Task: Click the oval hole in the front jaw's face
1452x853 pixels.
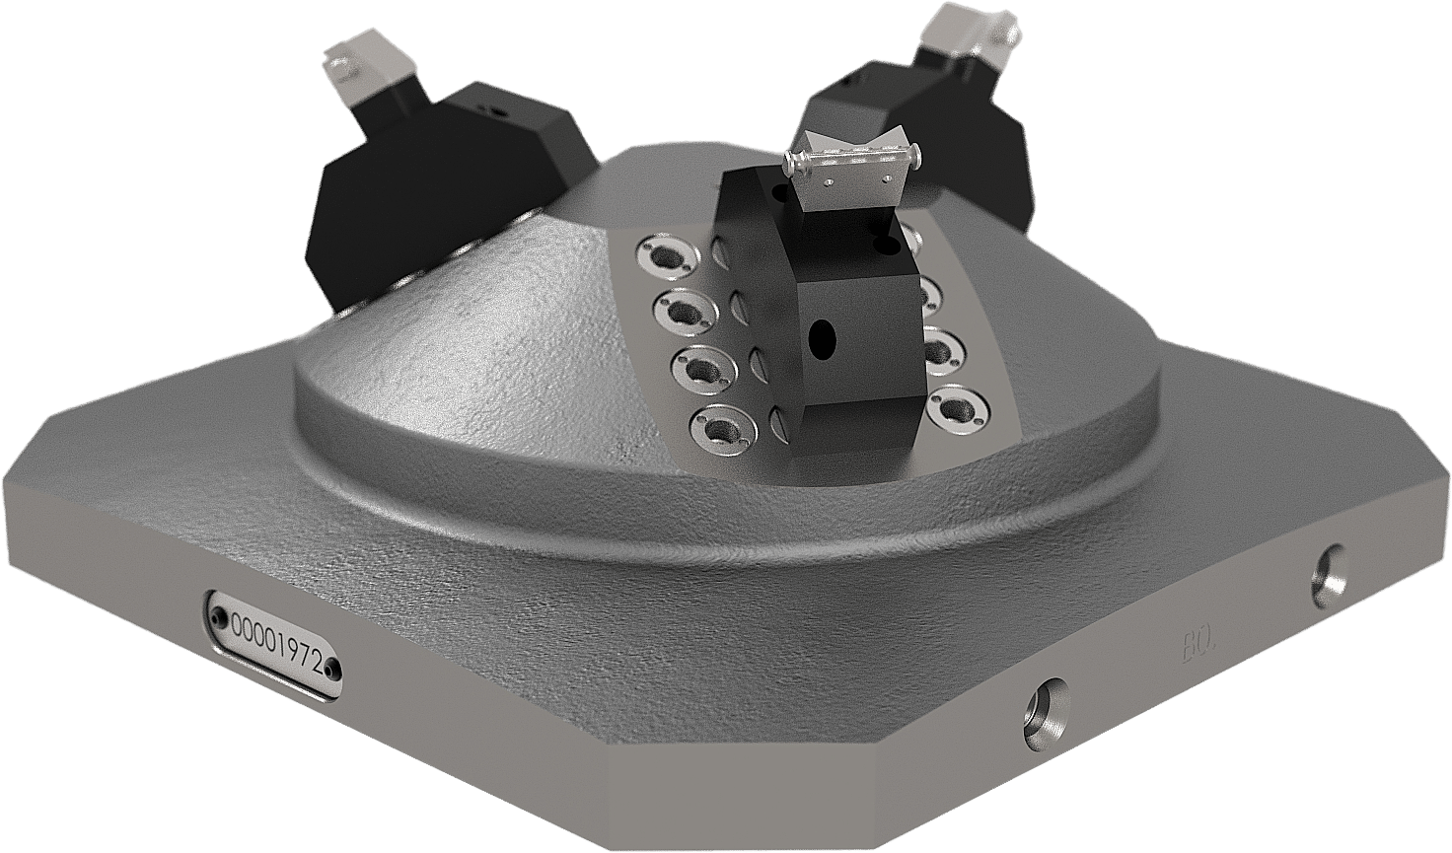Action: [818, 340]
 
